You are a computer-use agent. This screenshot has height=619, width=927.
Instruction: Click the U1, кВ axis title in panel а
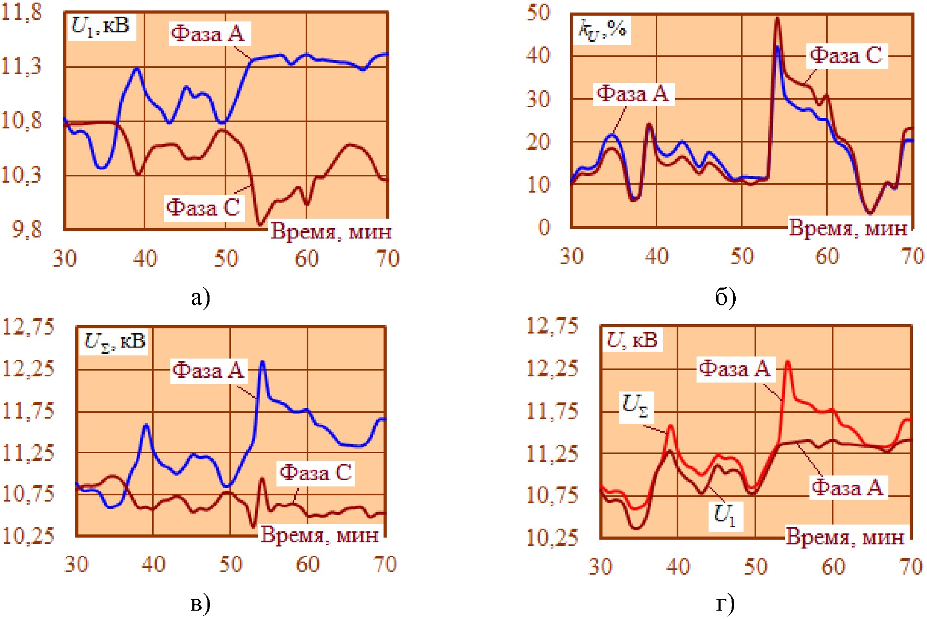tap(101, 26)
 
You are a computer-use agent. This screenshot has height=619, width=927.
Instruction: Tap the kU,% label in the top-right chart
tap(602, 29)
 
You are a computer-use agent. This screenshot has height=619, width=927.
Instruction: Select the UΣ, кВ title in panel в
tap(114, 341)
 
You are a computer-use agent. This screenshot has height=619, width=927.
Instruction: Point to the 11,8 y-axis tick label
tap(22, 12)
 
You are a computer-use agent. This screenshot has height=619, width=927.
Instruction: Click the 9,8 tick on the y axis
tap(27, 229)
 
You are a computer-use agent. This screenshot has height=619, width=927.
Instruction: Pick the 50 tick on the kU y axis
tap(538, 13)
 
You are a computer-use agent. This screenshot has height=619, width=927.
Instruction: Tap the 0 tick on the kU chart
tap(544, 228)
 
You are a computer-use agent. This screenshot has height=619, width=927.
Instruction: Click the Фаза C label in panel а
tap(204, 207)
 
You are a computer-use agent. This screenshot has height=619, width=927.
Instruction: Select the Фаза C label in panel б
tap(846, 55)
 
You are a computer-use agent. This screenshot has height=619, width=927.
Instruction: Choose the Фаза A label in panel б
tap(633, 94)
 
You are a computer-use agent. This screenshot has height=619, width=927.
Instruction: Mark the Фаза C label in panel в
tap(316, 473)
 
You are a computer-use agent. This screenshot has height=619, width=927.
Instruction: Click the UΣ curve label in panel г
tap(635, 406)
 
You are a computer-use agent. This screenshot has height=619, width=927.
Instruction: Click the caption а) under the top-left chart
tap(201, 298)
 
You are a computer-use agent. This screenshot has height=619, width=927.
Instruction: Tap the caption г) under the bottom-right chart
tap(725, 604)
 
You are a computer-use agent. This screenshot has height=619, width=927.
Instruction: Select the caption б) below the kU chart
tap(725, 297)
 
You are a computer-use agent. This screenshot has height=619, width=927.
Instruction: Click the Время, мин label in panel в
tap(320, 534)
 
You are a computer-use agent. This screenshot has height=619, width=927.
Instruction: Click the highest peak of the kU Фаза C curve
tap(777, 19)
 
